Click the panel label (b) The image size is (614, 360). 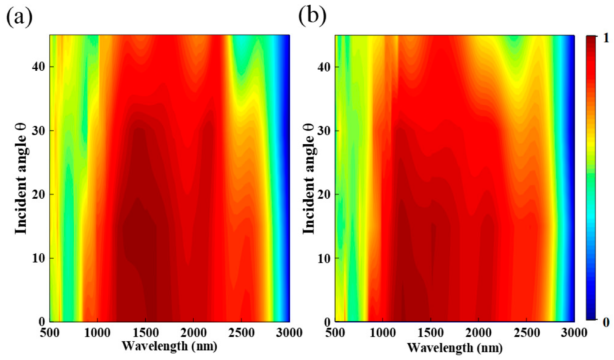tap(312, 16)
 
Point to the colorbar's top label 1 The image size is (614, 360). tap(605, 38)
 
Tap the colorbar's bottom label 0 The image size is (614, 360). tap(605, 322)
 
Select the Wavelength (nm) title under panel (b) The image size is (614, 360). tap(454, 348)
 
